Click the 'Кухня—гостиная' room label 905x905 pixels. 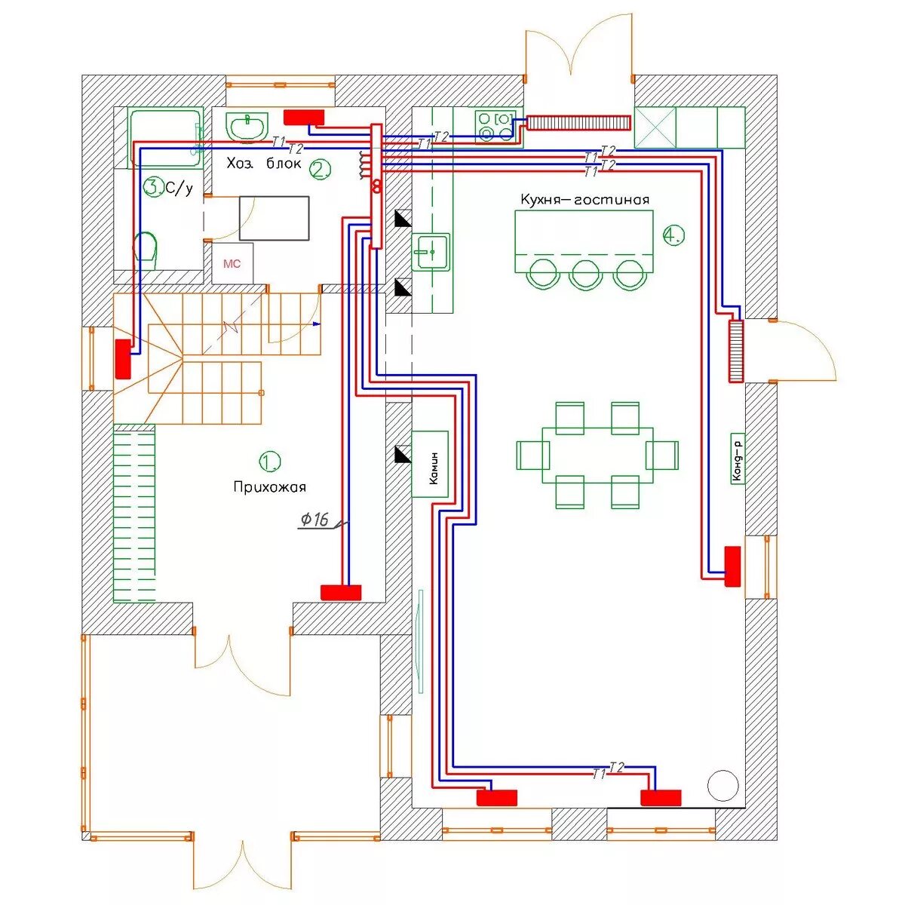point(584,200)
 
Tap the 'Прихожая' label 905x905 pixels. point(269,487)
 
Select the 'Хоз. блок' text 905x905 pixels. point(263,164)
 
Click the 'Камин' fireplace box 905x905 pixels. point(430,464)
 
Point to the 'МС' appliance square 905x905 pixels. point(232,263)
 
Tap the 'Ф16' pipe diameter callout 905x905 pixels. point(314,520)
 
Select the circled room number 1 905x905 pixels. point(269,462)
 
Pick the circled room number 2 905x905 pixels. point(321,170)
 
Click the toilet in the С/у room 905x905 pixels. point(146,250)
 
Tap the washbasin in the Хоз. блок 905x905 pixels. point(247,126)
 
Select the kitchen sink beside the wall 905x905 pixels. point(431,252)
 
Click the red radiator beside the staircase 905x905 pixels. point(123,359)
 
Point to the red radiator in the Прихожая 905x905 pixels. point(341,592)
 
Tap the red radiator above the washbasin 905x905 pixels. point(304,117)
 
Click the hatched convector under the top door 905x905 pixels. point(578,123)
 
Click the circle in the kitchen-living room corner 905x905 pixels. point(722,786)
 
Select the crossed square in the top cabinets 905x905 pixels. point(655,127)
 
